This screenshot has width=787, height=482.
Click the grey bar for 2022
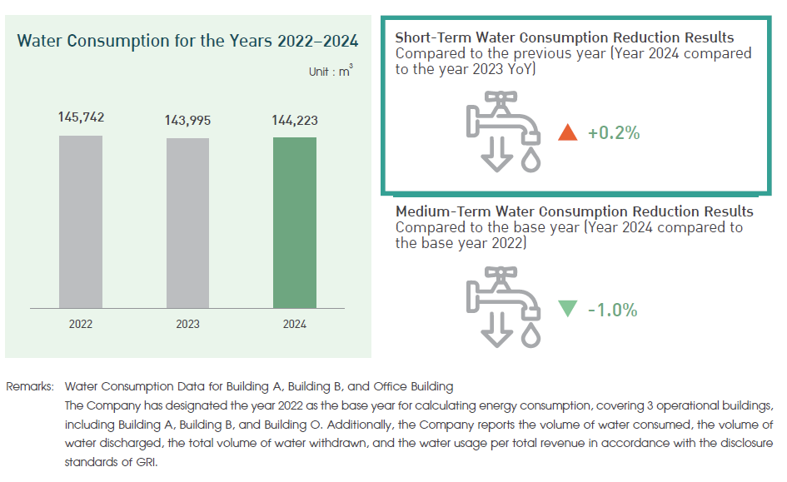(81, 221)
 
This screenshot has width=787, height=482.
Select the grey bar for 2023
(188, 223)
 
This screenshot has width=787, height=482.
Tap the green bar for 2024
(295, 223)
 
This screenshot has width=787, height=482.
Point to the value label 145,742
(81, 117)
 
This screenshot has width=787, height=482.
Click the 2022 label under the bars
(81, 324)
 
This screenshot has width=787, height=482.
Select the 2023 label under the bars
(188, 324)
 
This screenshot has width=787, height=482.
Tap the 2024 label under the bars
(295, 324)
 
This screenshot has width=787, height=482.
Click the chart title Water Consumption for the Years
(188, 40)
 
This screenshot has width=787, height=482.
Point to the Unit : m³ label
(331, 72)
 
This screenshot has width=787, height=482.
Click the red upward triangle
(568, 132)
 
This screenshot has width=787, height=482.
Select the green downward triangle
(568, 309)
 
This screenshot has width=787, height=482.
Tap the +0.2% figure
(614, 132)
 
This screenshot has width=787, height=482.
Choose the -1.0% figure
(613, 310)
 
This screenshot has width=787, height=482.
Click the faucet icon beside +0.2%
(503, 132)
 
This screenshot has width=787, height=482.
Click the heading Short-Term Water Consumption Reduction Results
(565, 38)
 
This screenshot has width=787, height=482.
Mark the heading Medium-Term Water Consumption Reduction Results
(574, 211)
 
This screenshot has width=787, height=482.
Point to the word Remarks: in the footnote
(31, 386)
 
